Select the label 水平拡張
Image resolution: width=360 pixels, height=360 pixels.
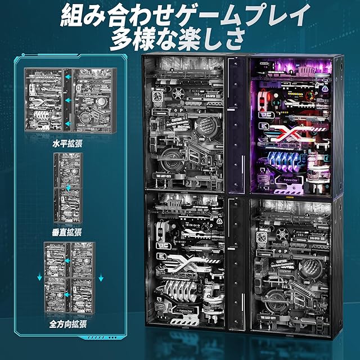pos(66,143)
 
